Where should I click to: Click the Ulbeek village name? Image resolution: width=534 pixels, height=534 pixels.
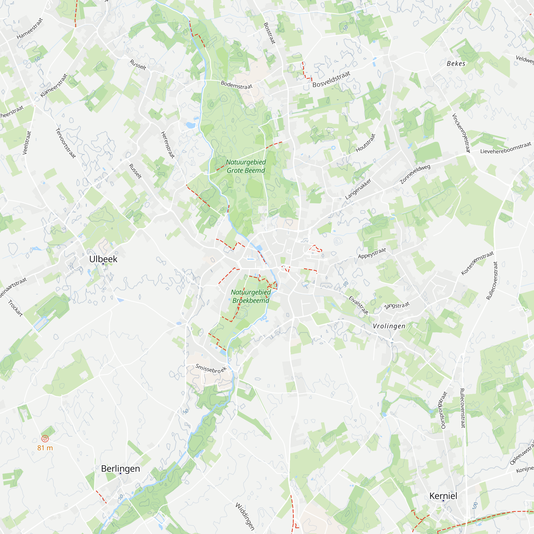pos(103,259)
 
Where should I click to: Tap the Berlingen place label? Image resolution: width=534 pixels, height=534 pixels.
pos(120,469)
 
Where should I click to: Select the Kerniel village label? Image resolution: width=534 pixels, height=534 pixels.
pos(443,496)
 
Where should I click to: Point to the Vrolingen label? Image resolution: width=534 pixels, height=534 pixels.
pos(389,326)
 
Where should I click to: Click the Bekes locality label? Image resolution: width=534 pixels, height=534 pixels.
pos(456,64)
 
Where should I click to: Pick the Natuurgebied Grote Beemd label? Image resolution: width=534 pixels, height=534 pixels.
pos(246,166)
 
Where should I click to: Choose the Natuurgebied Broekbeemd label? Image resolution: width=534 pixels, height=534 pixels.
pos(251,296)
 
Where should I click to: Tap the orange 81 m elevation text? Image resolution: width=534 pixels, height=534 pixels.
pos(45,448)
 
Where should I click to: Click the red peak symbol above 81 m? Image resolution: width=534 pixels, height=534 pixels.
pos(45,439)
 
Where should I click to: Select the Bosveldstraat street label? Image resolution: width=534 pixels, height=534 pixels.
pos(331,79)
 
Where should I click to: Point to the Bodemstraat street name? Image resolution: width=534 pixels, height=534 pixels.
pos(237,85)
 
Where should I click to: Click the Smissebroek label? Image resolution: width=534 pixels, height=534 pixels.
pos(211,369)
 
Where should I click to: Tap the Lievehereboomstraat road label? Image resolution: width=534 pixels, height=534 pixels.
pos(505,148)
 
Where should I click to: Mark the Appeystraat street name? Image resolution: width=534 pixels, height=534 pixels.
pos(372,253)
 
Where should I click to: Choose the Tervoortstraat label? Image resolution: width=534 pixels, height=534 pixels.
pos(65,143)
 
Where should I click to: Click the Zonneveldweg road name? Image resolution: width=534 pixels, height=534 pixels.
pos(415,174)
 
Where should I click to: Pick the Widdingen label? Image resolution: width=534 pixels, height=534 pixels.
pos(245,516)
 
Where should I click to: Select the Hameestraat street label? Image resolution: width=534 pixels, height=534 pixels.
pos(30,29)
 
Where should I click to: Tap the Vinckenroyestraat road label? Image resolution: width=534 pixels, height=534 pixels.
pos(461,133)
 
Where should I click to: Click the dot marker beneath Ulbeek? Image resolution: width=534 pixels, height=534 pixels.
pos(103,264)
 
